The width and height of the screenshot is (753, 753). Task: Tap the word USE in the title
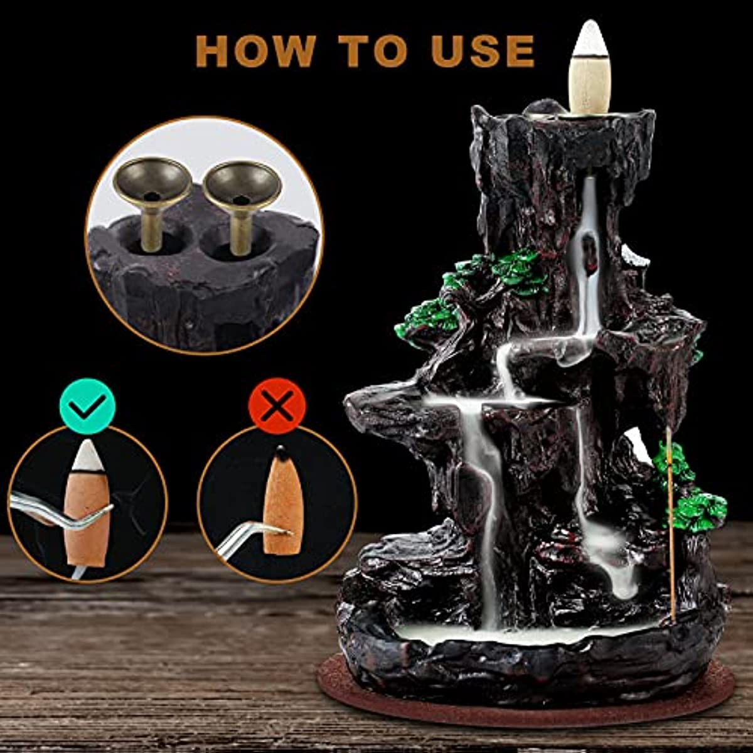point(483,51)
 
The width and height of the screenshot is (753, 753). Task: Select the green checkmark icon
point(87,405)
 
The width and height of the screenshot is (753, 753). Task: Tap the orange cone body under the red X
point(284,508)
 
